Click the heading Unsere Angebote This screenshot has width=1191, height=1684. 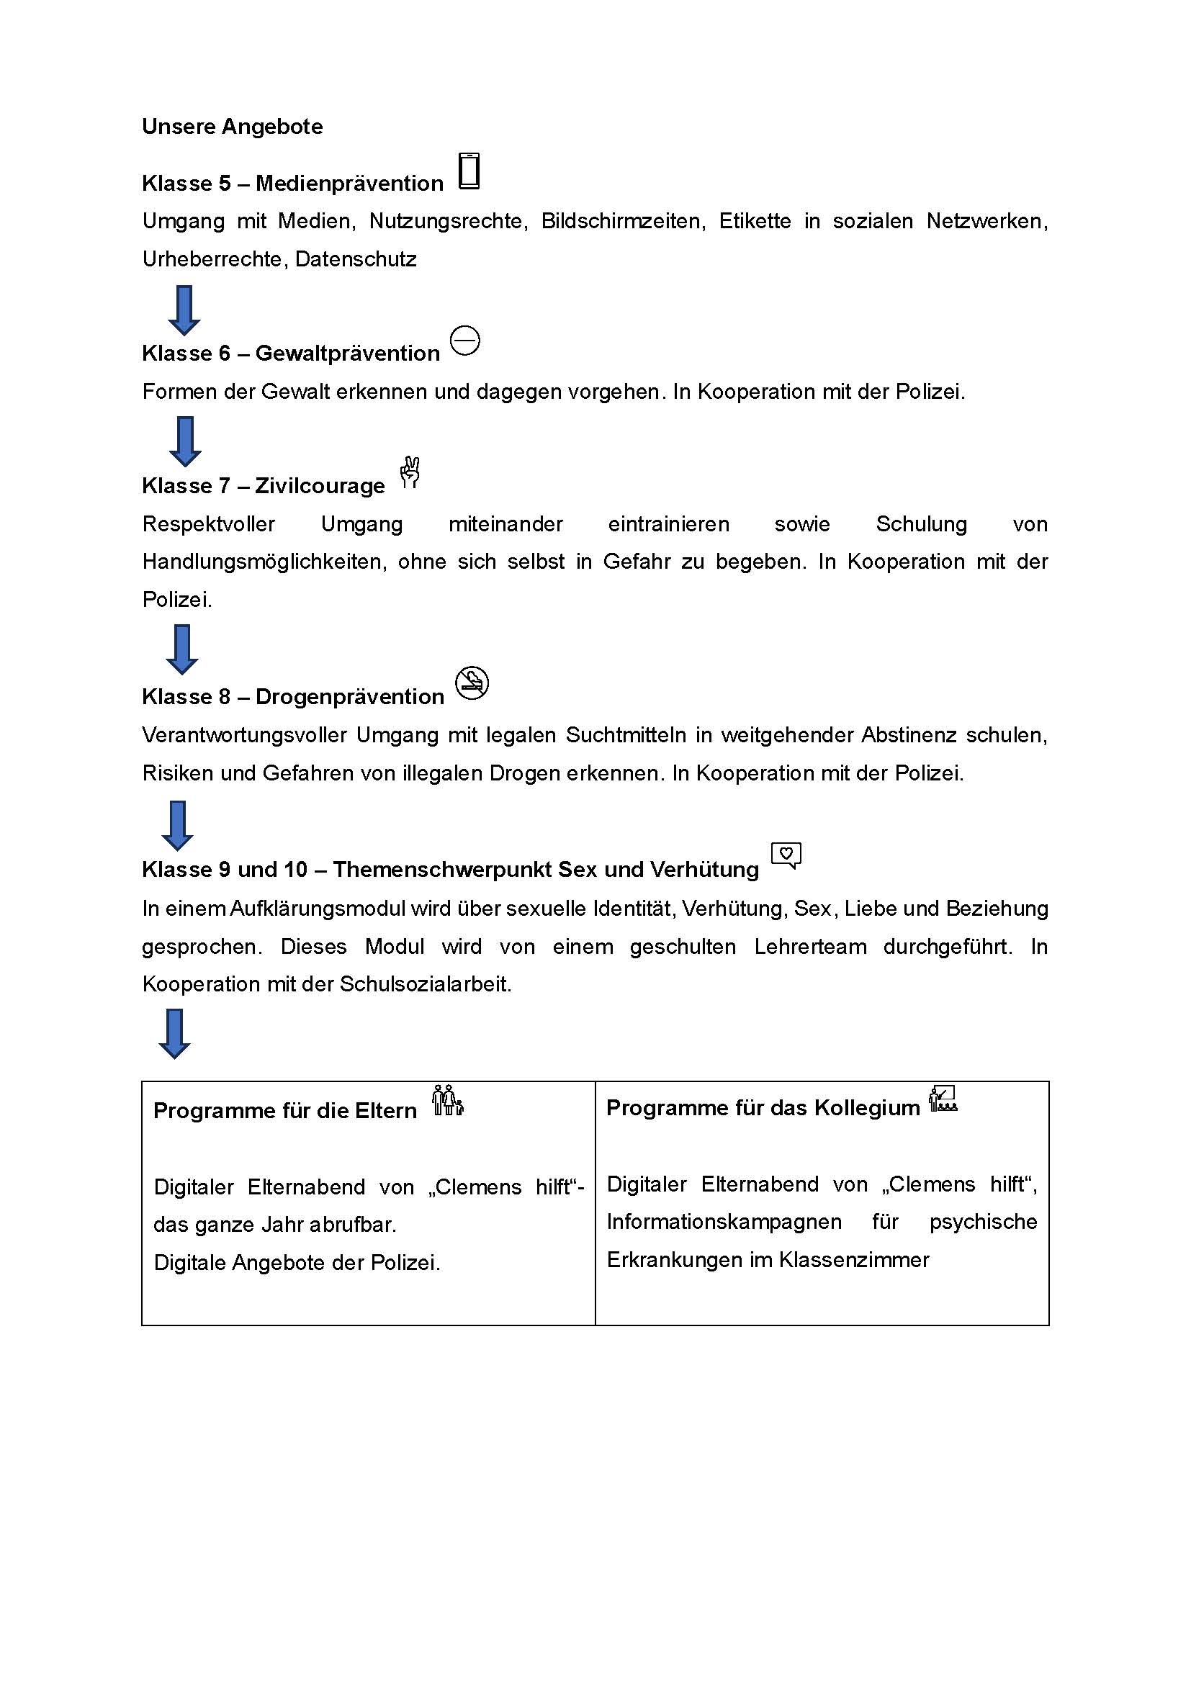[232, 127]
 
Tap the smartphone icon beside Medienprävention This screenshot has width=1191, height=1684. [469, 171]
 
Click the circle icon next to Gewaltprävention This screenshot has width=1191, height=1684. [465, 341]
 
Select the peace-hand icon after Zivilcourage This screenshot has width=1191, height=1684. [410, 472]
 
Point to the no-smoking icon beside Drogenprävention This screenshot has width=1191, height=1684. [472, 683]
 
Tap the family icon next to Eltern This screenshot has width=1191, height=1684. [447, 1101]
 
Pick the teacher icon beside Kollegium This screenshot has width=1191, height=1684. [943, 1099]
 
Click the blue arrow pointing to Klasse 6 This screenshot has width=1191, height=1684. [184, 310]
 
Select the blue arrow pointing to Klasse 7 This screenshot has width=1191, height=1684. [185, 441]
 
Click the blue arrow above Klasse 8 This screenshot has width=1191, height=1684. [182, 650]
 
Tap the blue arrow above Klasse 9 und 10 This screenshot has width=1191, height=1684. [176, 826]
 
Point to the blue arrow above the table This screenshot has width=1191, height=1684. [174, 1034]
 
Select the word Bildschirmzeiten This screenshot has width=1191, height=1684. [624, 222]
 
